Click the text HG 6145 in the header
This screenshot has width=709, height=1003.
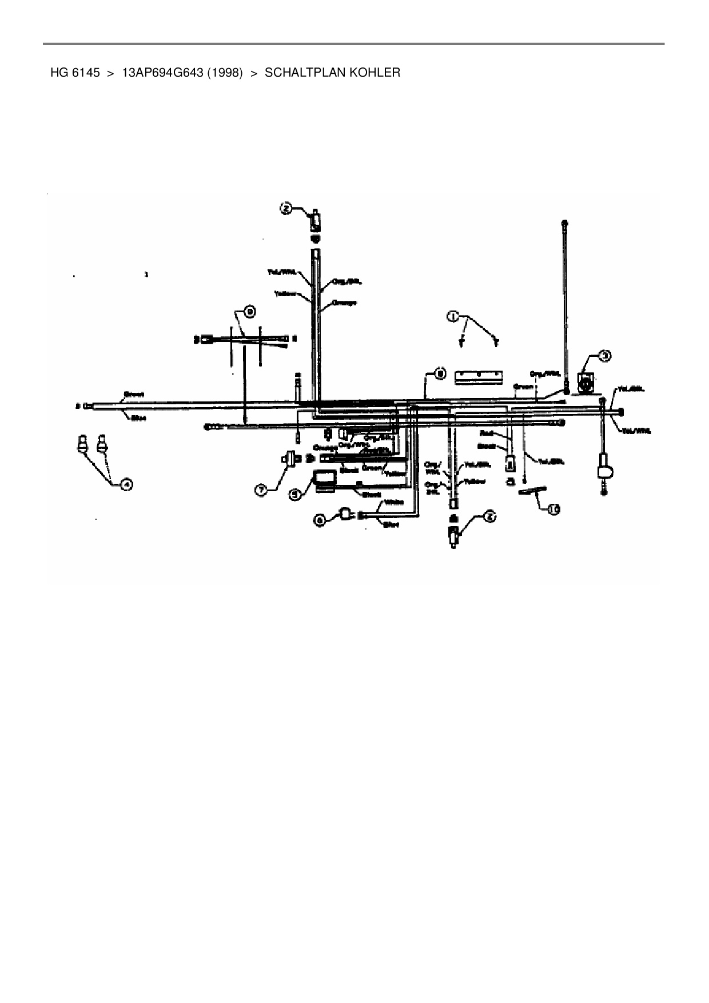pos(75,73)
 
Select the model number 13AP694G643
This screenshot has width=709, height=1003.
pos(162,73)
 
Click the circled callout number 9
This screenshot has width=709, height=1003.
pos(250,312)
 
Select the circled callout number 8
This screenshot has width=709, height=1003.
pos(439,373)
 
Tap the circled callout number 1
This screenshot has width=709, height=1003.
pos(452,316)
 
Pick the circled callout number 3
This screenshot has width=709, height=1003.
pos(605,356)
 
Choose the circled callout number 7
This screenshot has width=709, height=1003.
pos(261,489)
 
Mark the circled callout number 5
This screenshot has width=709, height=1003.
pos(294,495)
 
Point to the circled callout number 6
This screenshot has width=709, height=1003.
pos(321,519)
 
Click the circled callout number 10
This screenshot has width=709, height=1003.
pos(552,510)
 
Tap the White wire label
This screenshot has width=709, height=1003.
pos(393,502)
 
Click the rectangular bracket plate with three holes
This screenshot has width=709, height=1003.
pos(479,377)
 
